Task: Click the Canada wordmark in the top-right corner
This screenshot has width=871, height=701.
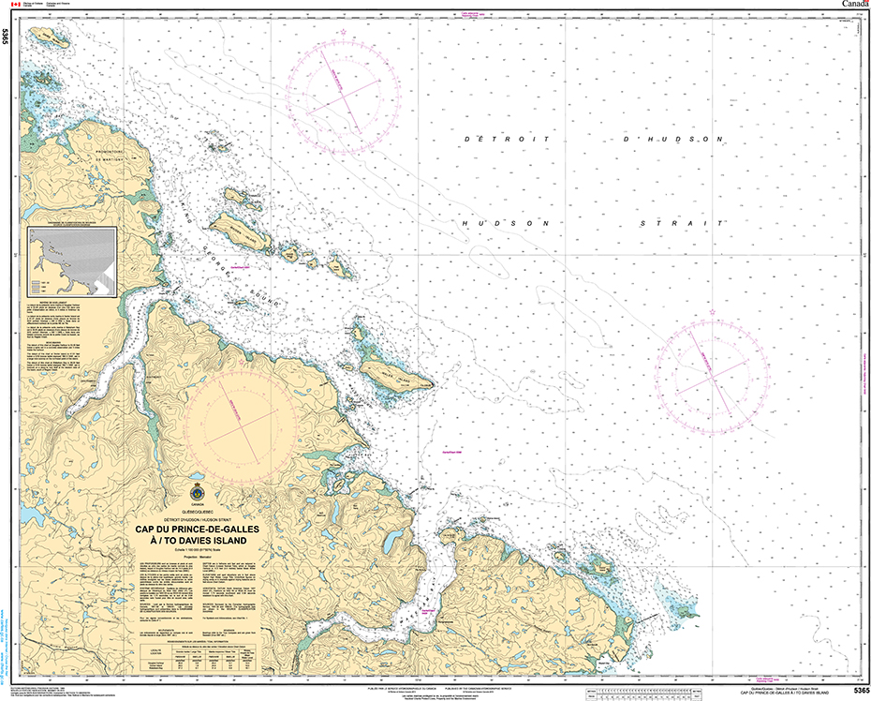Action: click(x=854, y=5)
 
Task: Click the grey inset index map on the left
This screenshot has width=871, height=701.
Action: click(x=72, y=262)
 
